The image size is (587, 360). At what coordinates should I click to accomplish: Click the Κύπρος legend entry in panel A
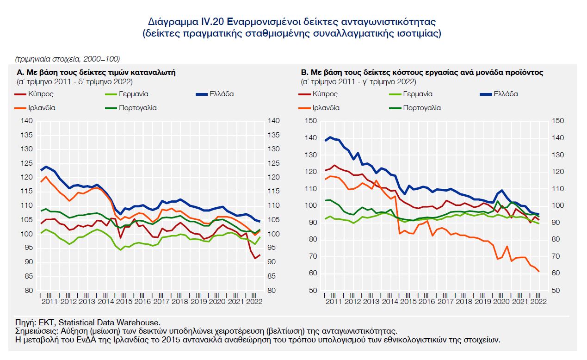tap(41, 94)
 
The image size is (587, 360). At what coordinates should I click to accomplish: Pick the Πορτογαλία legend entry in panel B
tap(422, 108)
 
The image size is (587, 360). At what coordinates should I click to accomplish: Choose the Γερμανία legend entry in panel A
tap(133, 94)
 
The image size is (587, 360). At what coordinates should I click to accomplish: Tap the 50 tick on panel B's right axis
tap(556, 291)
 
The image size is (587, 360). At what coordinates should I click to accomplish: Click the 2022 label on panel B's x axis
tap(537, 302)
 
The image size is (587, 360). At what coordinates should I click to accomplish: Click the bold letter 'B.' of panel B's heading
tap(304, 73)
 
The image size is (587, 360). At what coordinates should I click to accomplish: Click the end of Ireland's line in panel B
tap(539, 271)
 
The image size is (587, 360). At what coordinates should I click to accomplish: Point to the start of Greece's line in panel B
tap(325, 141)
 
